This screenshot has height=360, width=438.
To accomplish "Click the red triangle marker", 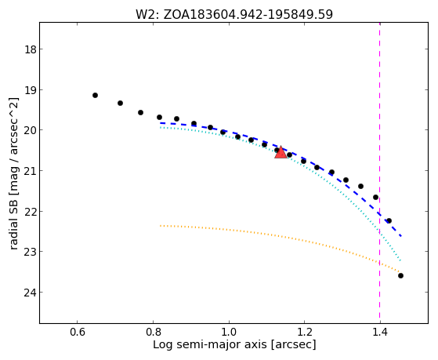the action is [281, 152].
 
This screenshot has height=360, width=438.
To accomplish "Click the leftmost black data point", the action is [95, 96].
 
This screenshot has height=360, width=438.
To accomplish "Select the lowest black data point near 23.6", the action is [400, 276].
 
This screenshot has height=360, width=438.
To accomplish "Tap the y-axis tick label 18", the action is [31, 49].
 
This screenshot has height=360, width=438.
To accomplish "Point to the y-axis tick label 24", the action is [31, 293].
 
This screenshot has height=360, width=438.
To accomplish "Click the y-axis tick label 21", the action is [31, 171].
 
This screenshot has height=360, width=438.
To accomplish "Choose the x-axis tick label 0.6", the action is [78, 333].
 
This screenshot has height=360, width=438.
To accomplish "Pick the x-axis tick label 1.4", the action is [380, 333].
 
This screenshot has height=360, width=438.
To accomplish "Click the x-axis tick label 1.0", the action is [229, 333].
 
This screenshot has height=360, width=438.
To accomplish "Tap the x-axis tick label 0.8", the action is [153, 333].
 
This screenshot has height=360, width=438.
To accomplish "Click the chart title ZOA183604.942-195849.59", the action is [248, 15].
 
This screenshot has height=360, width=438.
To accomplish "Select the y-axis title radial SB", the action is [13, 216].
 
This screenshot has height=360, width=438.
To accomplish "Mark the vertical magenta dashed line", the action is [379, 173].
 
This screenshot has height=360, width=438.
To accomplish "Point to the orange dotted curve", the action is [281, 237].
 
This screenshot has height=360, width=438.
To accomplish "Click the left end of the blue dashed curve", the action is [161, 123].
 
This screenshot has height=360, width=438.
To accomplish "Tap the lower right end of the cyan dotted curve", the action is [401, 260].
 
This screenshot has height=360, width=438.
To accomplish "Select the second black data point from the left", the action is [120, 104].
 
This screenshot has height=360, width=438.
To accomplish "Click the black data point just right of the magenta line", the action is [389, 220].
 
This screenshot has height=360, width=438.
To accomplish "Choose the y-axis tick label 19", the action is [31, 90].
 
